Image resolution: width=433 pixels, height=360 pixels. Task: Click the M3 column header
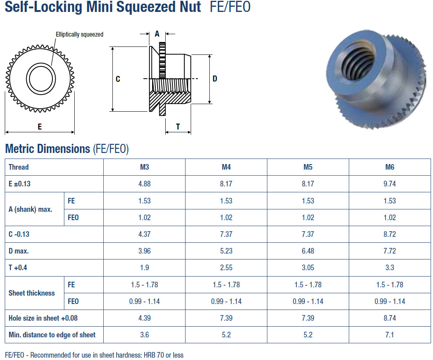(x=145, y=167)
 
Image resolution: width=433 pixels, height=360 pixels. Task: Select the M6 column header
(x=390, y=167)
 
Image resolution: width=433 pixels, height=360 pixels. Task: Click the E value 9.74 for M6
(x=390, y=184)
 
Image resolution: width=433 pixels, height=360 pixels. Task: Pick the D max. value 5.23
(x=226, y=251)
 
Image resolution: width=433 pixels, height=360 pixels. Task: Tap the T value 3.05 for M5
(x=308, y=267)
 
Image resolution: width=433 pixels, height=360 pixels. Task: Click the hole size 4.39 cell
(x=145, y=318)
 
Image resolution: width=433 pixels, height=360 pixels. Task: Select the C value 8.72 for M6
(x=390, y=234)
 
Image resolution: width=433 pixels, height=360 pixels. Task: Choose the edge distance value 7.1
(x=390, y=335)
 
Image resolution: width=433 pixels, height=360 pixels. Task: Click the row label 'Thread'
(x=19, y=167)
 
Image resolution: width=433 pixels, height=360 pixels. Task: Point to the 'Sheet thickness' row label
(x=32, y=293)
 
